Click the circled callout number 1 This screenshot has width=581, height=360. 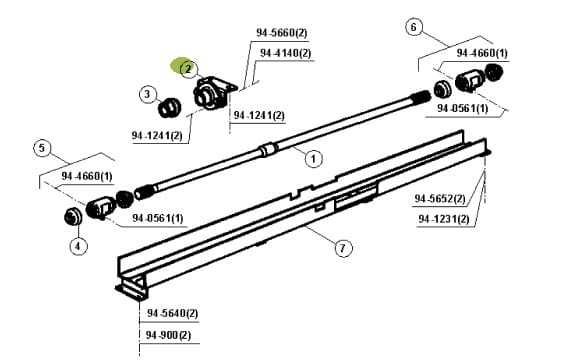pyautogui.click(x=313, y=159)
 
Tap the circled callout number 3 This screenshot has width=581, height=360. pyautogui.click(x=147, y=94)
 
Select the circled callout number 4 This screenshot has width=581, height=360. pyautogui.click(x=78, y=246)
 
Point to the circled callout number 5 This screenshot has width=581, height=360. pyautogui.click(x=42, y=148)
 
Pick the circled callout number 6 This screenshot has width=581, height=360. pyautogui.click(x=414, y=27)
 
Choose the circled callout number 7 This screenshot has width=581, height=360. pyautogui.click(x=343, y=247)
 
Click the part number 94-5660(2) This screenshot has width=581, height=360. pyautogui.click(x=282, y=33)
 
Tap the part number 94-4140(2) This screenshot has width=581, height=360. pyautogui.click(x=286, y=53)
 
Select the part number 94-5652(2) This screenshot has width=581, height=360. pyautogui.click(x=440, y=199)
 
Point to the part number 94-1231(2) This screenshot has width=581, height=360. pyautogui.click(x=444, y=219)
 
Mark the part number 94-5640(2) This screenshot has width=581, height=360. pyautogui.click(x=173, y=313)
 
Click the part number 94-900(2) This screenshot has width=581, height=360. pyautogui.click(x=169, y=335)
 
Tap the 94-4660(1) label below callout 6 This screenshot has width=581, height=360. pyautogui.click(x=482, y=53)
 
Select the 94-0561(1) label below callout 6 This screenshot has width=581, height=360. pyautogui.click(x=463, y=108)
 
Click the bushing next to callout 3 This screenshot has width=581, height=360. pyautogui.click(x=170, y=107)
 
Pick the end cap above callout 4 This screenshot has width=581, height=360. pyautogui.click(x=73, y=217)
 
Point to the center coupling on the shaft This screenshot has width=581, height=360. pyautogui.click(x=268, y=150)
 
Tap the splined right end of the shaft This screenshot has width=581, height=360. pyautogui.click(x=421, y=97)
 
